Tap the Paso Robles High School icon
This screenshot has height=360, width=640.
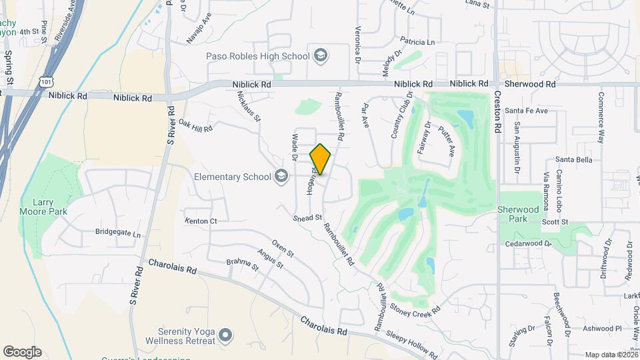(x=320, y=55)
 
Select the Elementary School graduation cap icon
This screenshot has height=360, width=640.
(x=281, y=176)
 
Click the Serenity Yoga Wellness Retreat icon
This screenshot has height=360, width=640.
(x=225, y=333)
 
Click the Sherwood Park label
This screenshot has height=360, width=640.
(x=518, y=214)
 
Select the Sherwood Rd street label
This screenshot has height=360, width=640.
(x=531, y=84)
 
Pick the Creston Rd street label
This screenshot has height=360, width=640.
(x=497, y=110)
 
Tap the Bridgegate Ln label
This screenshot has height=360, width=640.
(x=118, y=235)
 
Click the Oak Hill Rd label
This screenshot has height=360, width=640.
(x=195, y=126)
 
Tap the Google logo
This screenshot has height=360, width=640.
(x=22, y=351)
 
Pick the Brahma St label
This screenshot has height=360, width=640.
(x=242, y=266)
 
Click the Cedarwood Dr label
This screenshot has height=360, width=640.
(x=529, y=244)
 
